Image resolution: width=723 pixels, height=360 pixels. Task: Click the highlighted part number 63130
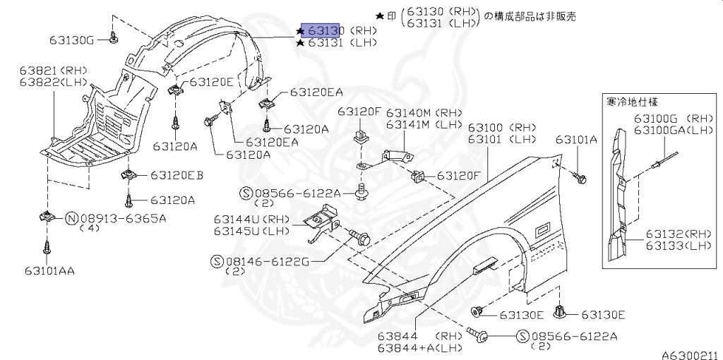coord(323,31)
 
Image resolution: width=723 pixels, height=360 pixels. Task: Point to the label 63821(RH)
coord(53,71)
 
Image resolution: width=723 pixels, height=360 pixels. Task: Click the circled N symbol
coord(71,218)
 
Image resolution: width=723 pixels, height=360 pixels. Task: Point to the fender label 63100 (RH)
coord(502,128)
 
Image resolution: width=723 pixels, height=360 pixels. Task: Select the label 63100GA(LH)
coord(672,131)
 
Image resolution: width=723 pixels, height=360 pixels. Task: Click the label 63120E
coord(211,82)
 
